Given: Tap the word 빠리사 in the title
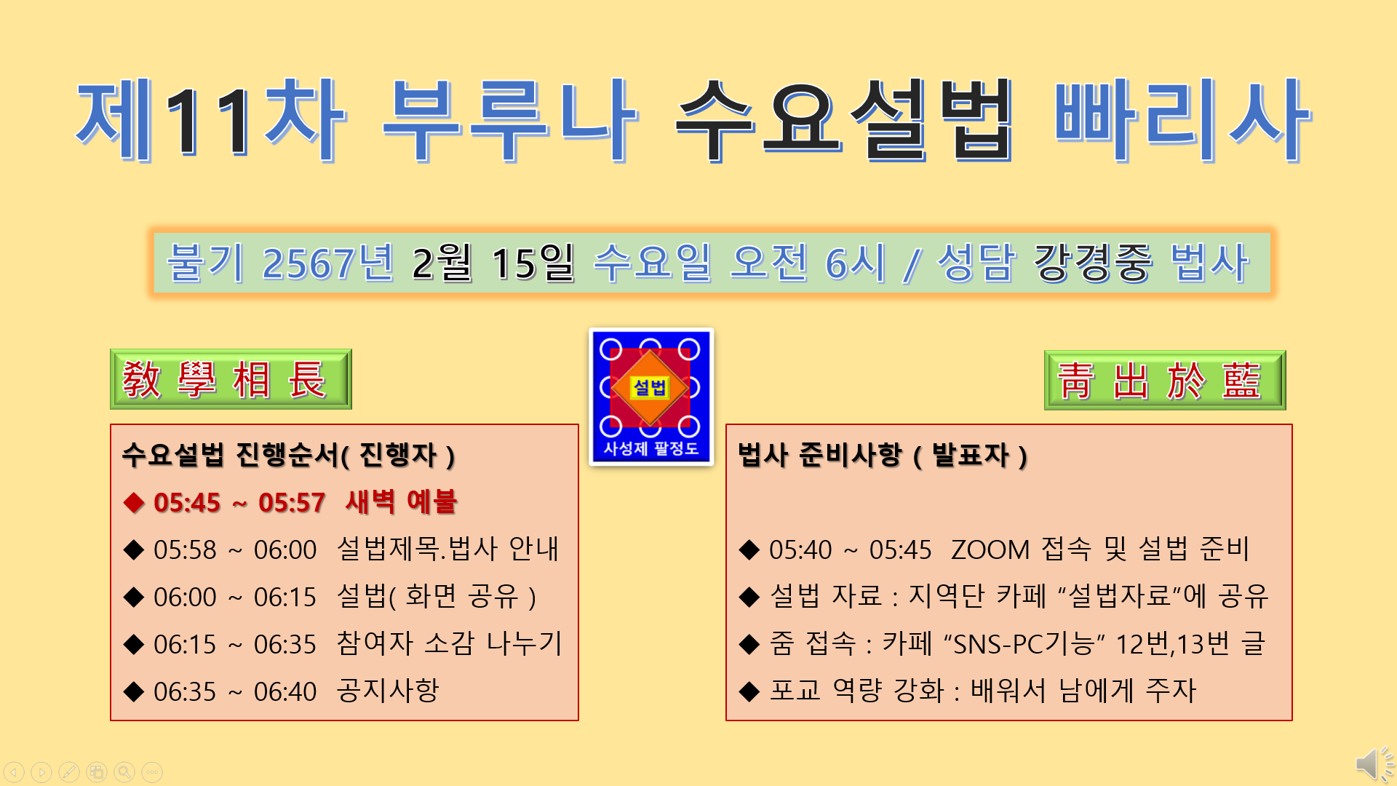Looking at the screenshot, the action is point(1182,120).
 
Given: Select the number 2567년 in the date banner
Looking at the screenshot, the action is point(328,263).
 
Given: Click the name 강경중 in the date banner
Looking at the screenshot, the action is point(1093,263).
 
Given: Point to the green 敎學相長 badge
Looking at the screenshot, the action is point(231,379).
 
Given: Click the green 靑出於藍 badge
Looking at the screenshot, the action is point(1165,380).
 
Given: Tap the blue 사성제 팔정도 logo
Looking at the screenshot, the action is point(650,397).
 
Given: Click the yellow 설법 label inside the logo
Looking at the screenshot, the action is point(650,387).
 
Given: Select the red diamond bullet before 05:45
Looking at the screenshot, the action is point(134,503).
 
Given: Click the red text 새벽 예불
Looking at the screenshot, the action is point(401,502).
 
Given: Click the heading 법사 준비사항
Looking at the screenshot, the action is point(819,455).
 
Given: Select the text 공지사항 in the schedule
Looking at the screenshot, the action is point(388,691).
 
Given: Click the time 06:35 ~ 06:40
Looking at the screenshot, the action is point(235,691).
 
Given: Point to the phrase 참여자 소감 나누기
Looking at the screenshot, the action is point(450,643).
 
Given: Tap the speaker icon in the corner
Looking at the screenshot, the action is point(1374,764).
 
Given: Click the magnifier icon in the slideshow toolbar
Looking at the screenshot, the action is point(124,771).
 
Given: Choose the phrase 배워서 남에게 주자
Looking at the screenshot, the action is point(1083,691).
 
